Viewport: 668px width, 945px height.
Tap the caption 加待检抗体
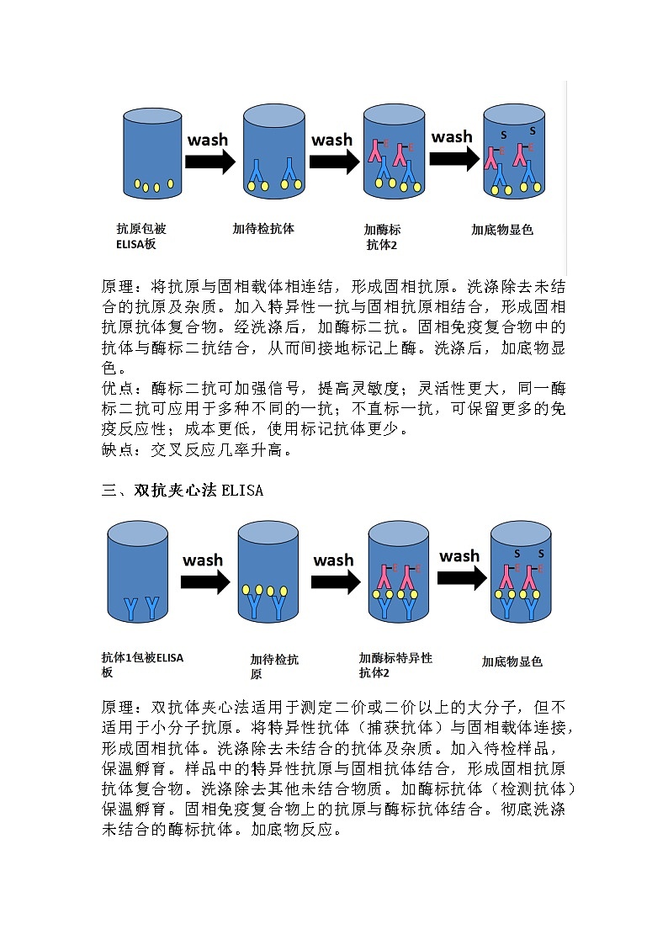pyautogui.click(x=263, y=228)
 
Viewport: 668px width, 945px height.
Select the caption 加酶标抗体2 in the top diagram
pyautogui.click(x=382, y=236)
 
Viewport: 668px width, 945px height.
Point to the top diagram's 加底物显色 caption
pyautogui.click(x=502, y=229)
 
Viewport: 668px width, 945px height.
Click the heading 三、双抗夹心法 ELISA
pyautogui.click(x=183, y=491)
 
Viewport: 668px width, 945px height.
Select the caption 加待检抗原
pyautogui.click(x=274, y=667)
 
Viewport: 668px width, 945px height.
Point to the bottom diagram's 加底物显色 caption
pyautogui.click(x=512, y=661)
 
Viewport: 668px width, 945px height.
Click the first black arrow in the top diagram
pyautogui.click(x=209, y=161)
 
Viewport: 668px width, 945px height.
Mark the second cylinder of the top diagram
pyautogui.click(x=273, y=151)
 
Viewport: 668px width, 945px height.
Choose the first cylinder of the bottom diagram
pyautogui.click(x=138, y=572)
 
